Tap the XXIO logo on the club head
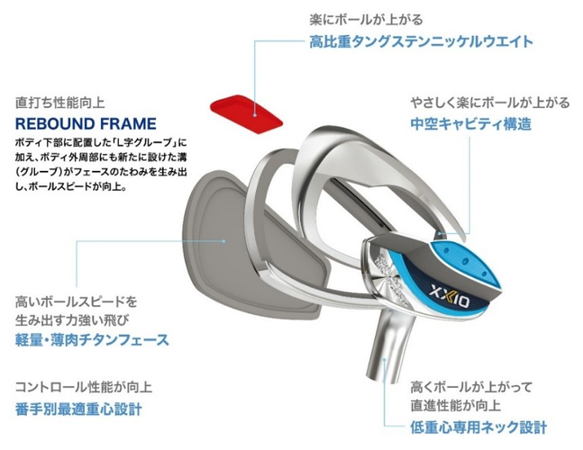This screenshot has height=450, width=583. (450, 297)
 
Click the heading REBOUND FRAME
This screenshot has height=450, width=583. (86, 123)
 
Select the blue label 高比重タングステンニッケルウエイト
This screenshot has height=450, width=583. (421, 41)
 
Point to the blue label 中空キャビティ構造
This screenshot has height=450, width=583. (470, 123)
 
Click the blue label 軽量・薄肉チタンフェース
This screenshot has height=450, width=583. (92, 339)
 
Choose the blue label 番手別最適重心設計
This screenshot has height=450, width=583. (78, 409)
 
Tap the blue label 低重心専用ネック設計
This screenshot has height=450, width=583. (478, 427)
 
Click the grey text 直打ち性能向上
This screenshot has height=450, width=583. (59, 103)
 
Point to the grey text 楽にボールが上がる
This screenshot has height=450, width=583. (366, 19)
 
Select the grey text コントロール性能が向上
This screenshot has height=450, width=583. (84, 387)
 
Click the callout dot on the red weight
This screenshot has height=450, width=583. (254, 115)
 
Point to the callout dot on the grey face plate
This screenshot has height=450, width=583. (223, 240)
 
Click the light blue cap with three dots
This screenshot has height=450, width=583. (467, 262)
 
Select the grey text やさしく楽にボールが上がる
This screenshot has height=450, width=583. (490, 103)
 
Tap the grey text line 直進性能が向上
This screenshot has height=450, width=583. (455, 405)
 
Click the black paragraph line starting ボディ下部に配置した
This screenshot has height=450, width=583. (101, 142)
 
